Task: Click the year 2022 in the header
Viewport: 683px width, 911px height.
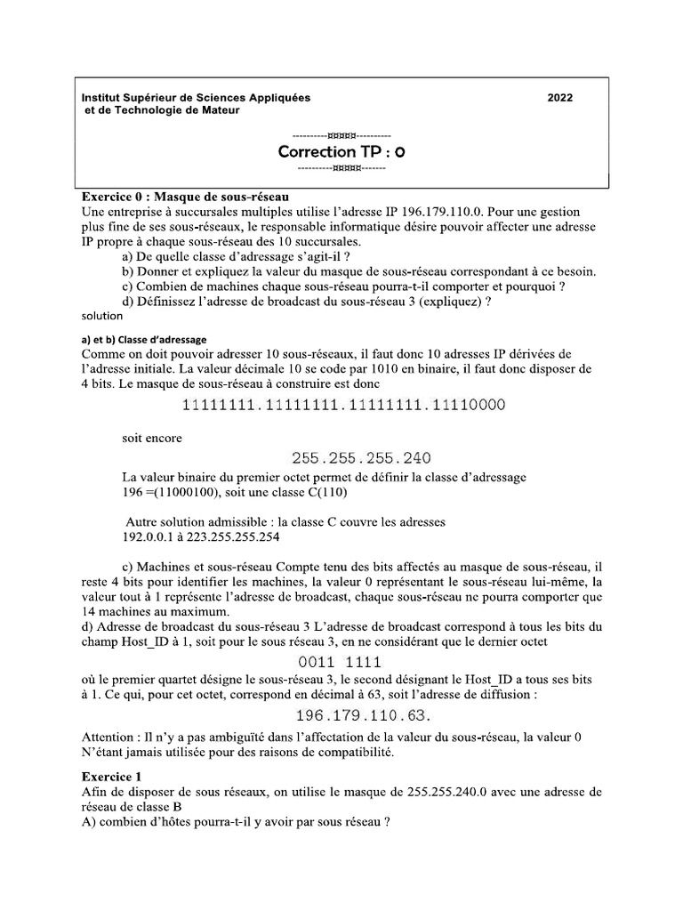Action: pyautogui.click(x=560, y=98)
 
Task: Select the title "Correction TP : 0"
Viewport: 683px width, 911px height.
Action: pyautogui.click(x=341, y=152)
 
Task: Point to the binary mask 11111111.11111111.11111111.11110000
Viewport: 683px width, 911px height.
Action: pyautogui.click(x=343, y=406)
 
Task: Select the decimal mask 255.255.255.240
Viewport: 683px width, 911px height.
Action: pyautogui.click(x=361, y=458)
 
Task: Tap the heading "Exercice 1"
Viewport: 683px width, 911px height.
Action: pyautogui.click(x=111, y=776)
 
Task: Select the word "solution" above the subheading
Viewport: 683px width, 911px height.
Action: pyautogui.click(x=101, y=315)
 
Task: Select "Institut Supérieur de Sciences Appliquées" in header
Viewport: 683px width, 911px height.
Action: pyautogui.click(x=189, y=98)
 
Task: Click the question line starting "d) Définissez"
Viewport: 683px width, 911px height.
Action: pyautogui.click(x=308, y=301)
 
